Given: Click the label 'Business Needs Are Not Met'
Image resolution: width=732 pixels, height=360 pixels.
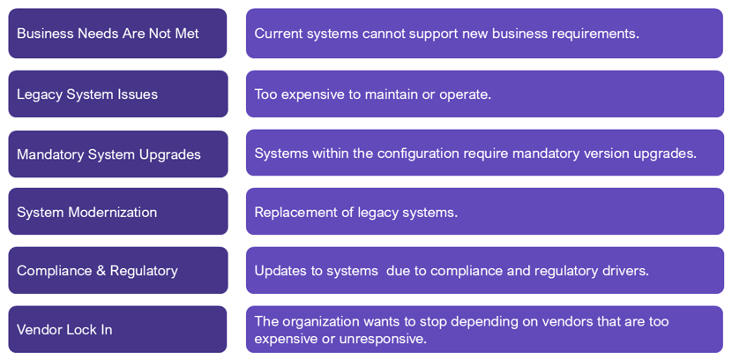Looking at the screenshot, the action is click(108, 34).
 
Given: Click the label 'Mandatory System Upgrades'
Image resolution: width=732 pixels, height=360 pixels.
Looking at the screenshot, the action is click(108, 154).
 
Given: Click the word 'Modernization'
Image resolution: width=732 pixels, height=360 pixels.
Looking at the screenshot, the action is click(113, 213).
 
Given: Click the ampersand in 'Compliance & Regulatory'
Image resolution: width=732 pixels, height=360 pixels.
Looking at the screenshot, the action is click(101, 271).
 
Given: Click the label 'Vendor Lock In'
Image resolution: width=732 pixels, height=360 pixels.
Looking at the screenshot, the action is click(64, 330).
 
